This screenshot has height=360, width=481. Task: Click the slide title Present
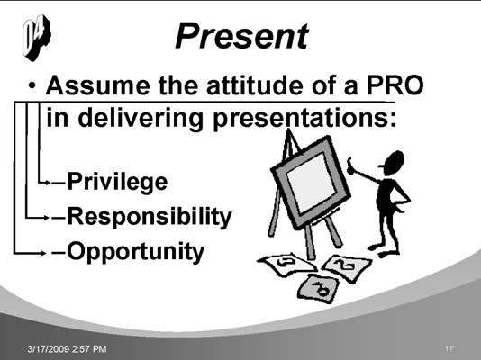241,36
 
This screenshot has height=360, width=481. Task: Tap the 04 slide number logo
37,38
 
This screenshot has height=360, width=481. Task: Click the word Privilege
117,182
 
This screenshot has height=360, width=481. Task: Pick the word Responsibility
150,217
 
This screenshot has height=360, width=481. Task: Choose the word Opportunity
136,252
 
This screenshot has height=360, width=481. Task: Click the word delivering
141,119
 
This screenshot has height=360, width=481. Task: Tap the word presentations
304,119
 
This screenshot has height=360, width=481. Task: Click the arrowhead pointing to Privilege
48,183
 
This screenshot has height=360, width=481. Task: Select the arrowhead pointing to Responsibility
47,218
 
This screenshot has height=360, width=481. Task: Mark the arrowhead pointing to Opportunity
43,253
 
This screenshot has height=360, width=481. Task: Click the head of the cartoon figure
393,163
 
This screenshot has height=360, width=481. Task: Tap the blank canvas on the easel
311,184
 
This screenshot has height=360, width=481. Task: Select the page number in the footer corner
449,348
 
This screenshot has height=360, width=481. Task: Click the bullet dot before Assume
32,85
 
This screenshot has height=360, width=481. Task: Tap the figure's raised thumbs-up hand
350,165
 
